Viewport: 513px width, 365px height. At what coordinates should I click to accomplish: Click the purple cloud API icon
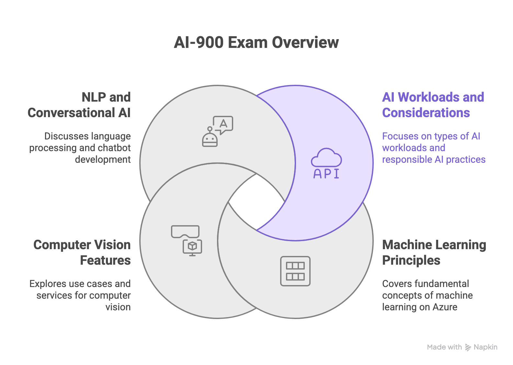click(x=326, y=163)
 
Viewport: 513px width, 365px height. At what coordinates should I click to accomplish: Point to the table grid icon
click(x=295, y=271)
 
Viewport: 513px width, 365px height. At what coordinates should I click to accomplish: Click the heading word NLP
click(x=94, y=97)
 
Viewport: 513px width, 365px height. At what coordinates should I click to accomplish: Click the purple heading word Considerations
click(x=426, y=113)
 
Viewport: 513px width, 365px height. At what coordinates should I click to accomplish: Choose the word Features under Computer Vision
click(x=105, y=260)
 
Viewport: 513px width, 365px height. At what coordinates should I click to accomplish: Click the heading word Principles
click(x=411, y=260)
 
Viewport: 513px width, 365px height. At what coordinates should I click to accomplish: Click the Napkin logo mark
click(x=468, y=348)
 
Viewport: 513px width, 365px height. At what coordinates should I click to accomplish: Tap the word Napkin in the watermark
click(x=485, y=347)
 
